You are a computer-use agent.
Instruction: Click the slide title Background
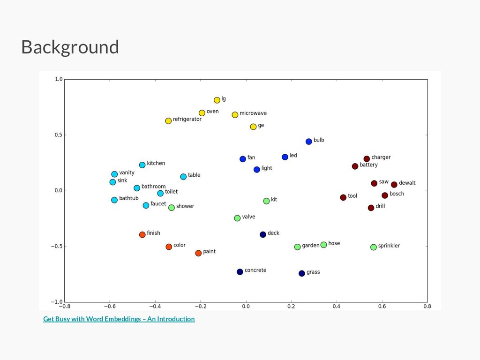click(70, 47)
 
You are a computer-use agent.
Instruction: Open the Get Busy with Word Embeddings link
click(119, 319)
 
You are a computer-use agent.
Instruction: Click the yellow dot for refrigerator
click(168, 121)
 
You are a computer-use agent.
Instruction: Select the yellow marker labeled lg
click(217, 100)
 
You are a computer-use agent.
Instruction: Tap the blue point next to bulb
click(309, 142)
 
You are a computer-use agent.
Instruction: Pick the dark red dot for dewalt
click(394, 185)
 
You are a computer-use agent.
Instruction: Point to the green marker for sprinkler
click(374, 247)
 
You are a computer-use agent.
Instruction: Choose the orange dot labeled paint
click(198, 253)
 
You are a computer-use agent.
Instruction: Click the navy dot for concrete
click(240, 272)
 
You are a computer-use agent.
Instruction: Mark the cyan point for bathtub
click(114, 200)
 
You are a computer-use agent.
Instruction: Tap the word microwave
click(253, 113)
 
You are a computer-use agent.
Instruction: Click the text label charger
click(381, 157)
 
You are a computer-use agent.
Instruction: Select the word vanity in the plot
click(127, 173)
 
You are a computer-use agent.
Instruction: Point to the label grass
click(313, 272)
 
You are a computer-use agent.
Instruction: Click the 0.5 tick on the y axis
click(58, 135)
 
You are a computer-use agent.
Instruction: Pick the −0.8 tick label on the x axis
click(64, 307)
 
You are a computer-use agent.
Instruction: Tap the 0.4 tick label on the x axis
click(337, 307)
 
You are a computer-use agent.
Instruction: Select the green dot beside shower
click(172, 208)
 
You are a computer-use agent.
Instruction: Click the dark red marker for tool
click(343, 198)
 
